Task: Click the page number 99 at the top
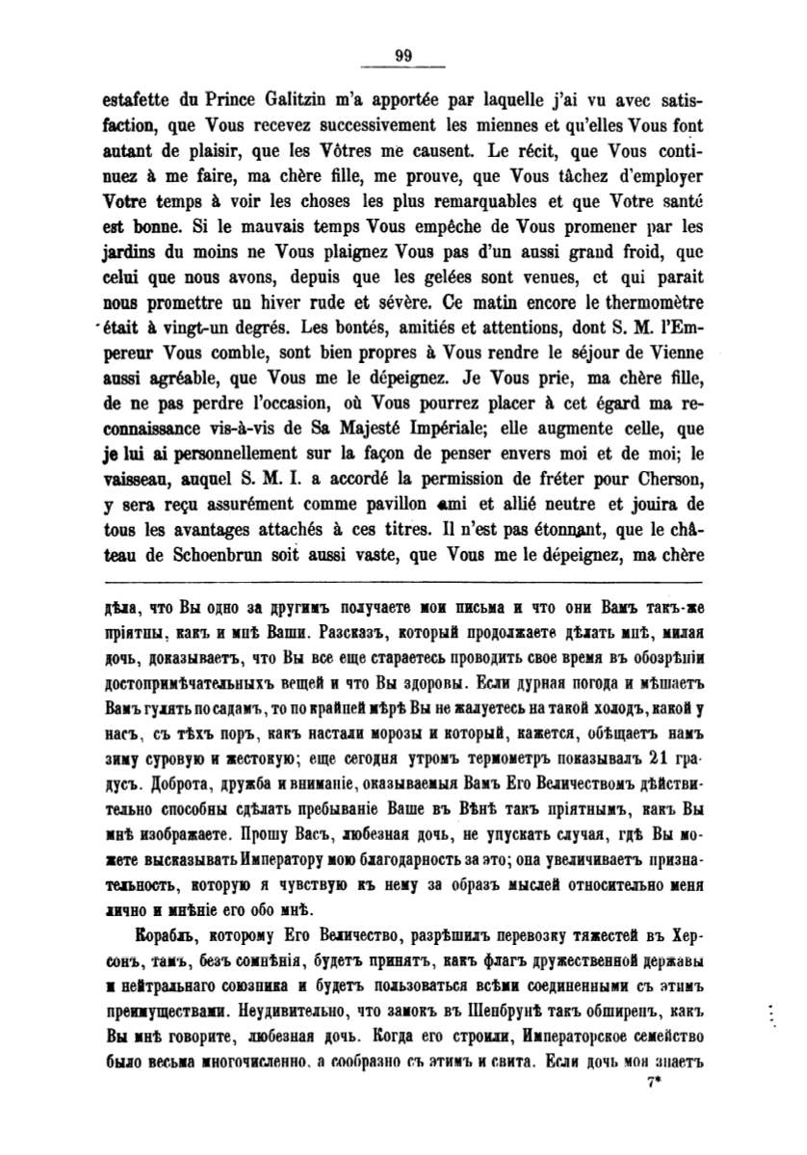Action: click(403, 56)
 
